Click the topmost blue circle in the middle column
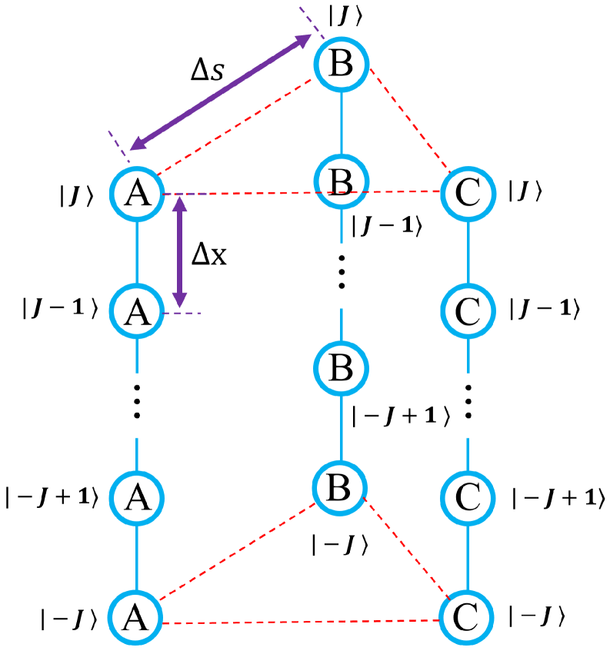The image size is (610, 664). (x=342, y=65)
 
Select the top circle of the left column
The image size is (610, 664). (x=137, y=194)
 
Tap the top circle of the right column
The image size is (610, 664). (x=468, y=194)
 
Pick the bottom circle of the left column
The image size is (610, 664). (x=135, y=617)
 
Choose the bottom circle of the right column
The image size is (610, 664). (x=466, y=617)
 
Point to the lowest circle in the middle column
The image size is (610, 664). (x=339, y=487)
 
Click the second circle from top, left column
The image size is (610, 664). (x=137, y=311)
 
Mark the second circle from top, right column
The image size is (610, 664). (x=468, y=311)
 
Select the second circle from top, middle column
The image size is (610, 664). (x=342, y=181)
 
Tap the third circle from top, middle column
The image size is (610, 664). (x=342, y=369)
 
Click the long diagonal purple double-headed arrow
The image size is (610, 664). (x=221, y=92)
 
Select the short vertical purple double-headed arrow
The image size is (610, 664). (x=180, y=252)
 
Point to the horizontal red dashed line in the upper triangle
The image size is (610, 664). (x=262, y=194)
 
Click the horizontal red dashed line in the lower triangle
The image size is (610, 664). (x=300, y=622)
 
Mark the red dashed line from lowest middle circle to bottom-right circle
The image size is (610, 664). (x=405, y=547)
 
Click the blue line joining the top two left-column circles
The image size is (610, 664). (x=137, y=253)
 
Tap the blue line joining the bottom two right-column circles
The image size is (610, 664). (x=468, y=558)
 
